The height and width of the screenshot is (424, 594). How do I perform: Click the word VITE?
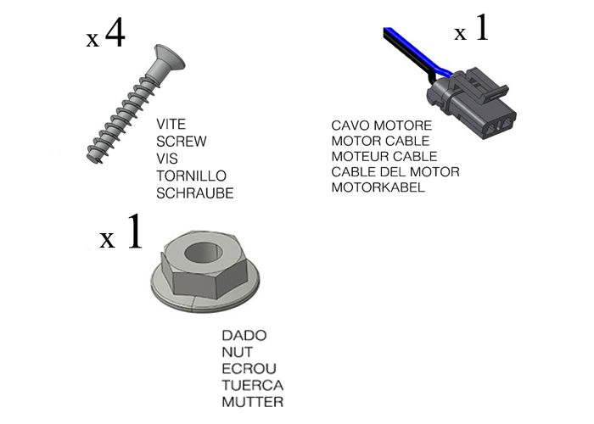171,124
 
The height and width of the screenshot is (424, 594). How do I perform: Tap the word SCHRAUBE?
194,193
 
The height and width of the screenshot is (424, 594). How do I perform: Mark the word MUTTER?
252,402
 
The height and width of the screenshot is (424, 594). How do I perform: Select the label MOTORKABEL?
378,187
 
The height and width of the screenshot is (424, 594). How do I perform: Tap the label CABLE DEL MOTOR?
395,172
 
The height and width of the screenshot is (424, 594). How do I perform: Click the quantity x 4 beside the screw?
106,37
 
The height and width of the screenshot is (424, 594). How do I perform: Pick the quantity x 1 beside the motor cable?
472,31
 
